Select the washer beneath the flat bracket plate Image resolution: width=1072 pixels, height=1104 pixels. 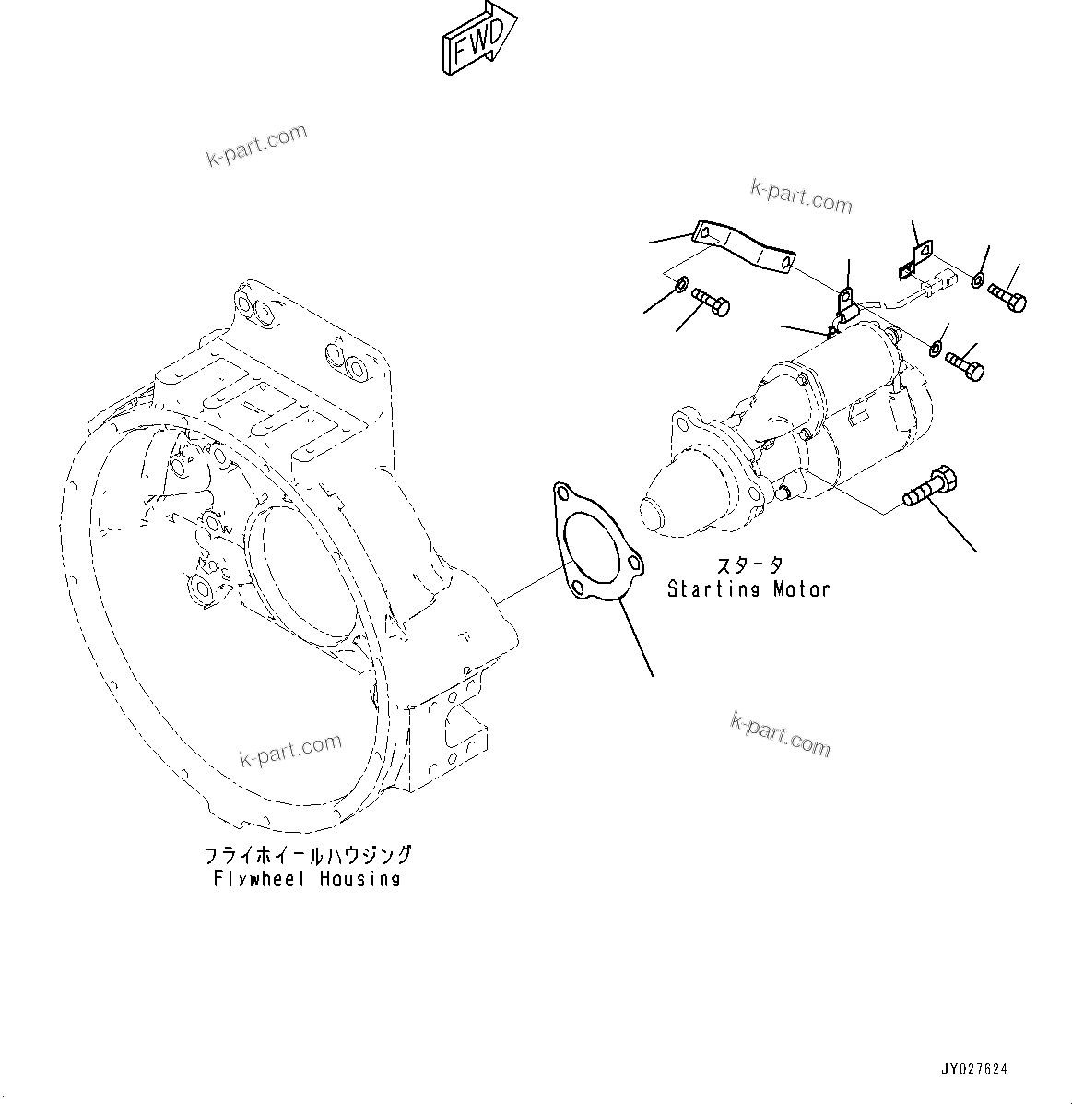(680, 284)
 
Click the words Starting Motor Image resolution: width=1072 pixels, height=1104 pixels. (748, 588)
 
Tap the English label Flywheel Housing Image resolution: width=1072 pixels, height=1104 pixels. (307, 879)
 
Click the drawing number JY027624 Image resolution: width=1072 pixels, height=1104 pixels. (974, 1070)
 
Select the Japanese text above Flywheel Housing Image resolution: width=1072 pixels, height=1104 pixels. (307, 855)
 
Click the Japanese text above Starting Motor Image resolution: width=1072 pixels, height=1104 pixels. (749, 565)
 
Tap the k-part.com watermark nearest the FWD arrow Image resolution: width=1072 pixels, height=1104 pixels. (255, 146)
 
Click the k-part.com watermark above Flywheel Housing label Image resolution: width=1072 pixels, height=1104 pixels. (290, 750)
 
